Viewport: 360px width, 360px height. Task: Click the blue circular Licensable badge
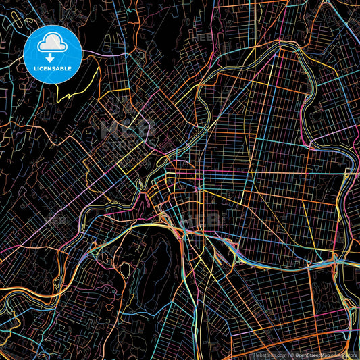[53, 55]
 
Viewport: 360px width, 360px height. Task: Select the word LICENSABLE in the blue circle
[53, 68]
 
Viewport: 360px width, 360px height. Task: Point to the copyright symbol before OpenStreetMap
[292, 354]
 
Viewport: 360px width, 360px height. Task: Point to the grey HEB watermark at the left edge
[57, 220]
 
